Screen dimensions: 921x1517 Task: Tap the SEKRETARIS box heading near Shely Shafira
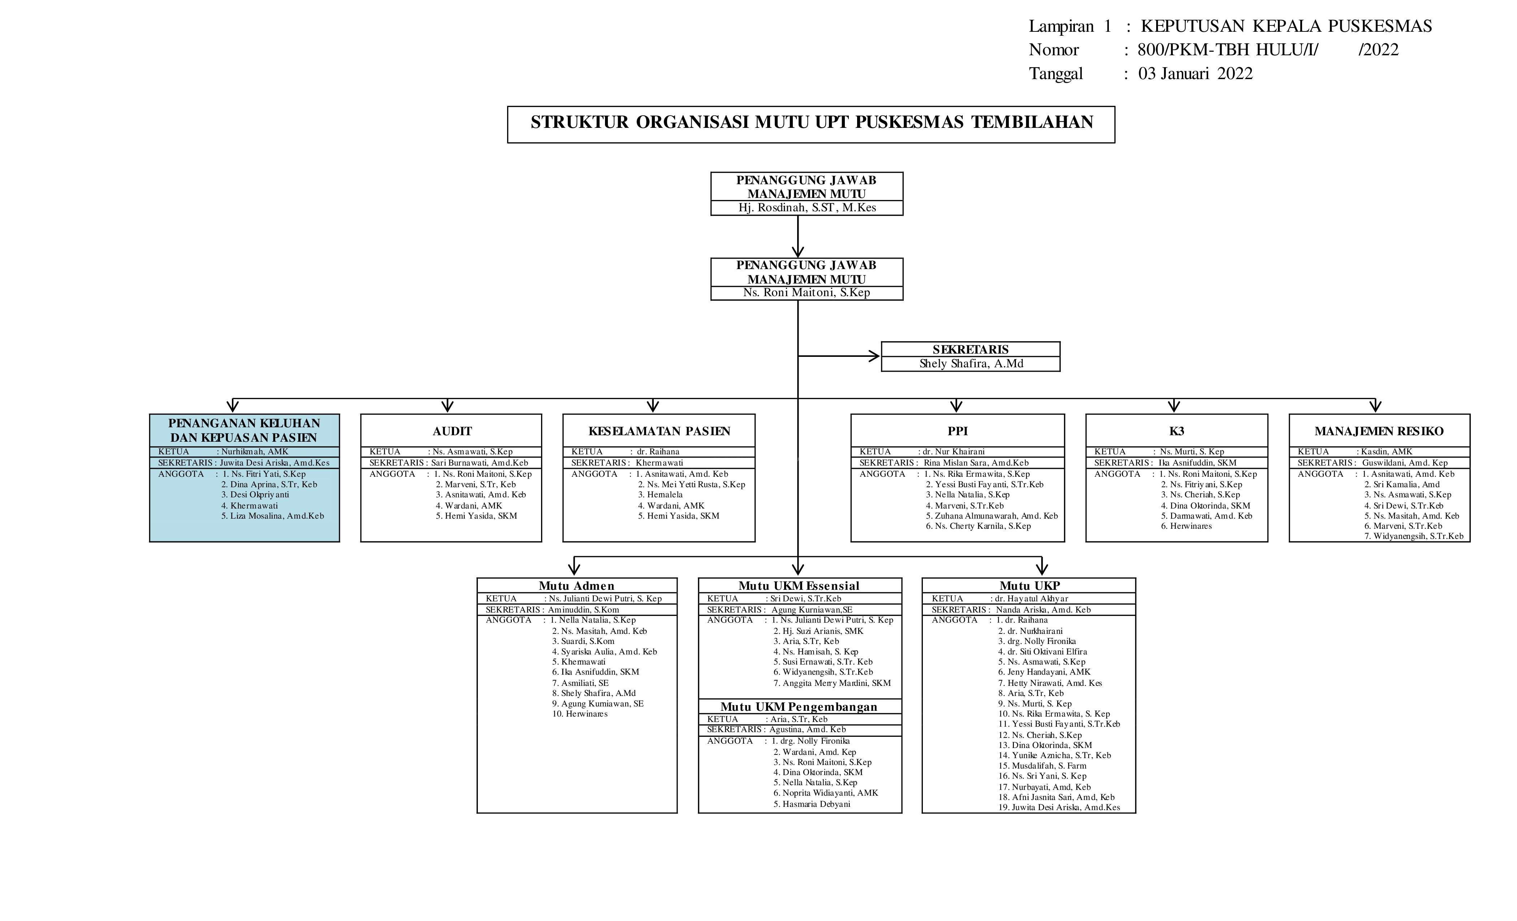(x=970, y=349)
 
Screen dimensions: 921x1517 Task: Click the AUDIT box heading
(x=452, y=431)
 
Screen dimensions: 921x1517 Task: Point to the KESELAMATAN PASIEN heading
(x=659, y=431)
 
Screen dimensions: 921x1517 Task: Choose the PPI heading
(x=958, y=431)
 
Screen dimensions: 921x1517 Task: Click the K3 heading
(x=1176, y=431)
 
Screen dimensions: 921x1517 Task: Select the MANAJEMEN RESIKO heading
(x=1379, y=431)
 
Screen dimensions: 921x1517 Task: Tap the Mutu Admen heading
(x=576, y=585)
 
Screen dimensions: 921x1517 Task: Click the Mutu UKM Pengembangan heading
(x=799, y=707)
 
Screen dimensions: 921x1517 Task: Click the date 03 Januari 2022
(x=1195, y=74)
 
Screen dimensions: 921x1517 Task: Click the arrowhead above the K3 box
(x=1174, y=406)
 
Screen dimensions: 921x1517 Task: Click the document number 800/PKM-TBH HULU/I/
(x=1228, y=50)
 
